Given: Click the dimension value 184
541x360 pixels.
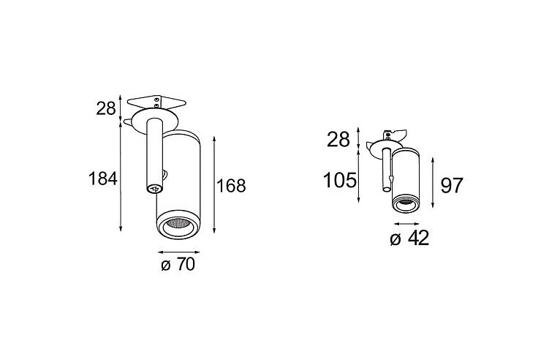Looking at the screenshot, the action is (103, 179).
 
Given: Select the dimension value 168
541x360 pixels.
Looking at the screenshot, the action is (231, 186).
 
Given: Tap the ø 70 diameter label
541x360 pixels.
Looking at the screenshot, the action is (178, 265).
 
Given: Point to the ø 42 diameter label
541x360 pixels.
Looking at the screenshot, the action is (409, 238).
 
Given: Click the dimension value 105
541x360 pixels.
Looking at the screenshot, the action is (339, 180).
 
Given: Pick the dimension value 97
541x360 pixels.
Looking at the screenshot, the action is (451, 186).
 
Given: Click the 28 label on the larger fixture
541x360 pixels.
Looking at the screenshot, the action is (105, 109).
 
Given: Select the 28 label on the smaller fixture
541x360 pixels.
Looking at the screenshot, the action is (338, 140).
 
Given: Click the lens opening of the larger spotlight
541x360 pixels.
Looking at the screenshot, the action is (178, 228).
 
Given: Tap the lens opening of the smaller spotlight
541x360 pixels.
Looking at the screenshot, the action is (406, 205).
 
